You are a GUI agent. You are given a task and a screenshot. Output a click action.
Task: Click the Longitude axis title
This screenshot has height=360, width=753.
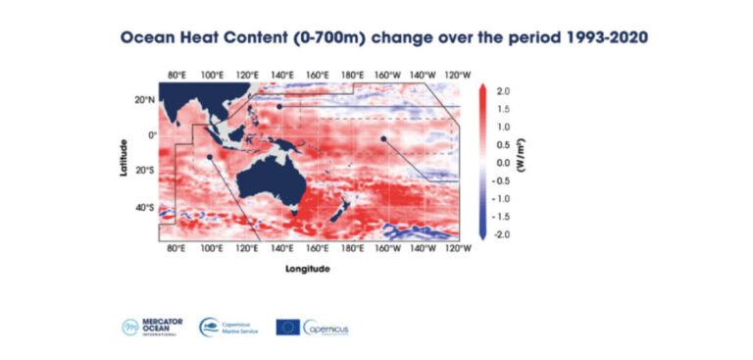pos(307,268)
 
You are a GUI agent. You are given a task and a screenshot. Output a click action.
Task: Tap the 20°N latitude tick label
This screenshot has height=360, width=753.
pos(144,99)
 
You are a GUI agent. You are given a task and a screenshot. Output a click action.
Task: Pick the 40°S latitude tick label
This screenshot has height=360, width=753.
pos(144,208)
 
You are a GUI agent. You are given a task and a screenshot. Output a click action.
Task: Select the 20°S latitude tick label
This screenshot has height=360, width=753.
pos(144,171)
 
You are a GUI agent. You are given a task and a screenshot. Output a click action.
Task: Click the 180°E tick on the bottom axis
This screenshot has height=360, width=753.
pos(352,249)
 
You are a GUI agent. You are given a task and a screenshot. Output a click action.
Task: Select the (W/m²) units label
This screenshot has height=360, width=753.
pos(524,162)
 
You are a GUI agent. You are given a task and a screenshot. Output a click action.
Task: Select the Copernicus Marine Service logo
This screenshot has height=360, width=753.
pos(228,327)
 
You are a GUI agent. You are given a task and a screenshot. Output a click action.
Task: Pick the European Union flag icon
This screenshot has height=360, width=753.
pos(287,327)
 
